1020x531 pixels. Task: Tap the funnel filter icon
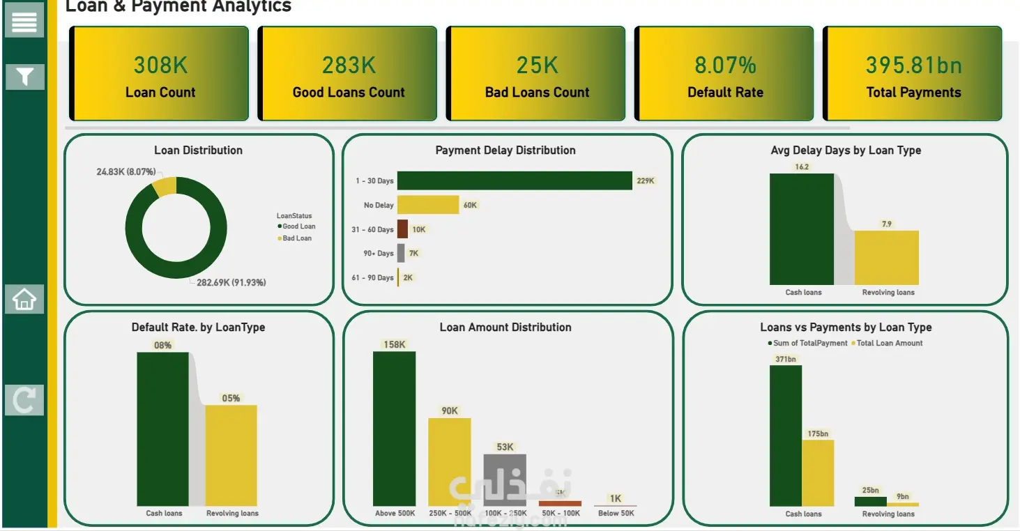coord(25,76)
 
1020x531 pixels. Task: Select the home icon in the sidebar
coord(24,299)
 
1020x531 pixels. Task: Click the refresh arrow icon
coord(24,400)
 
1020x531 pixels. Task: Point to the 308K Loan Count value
coord(160,66)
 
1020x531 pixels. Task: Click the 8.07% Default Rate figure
coord(725,66)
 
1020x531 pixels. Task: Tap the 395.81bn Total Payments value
coord(913,66)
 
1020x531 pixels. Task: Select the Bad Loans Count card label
coord(537,93)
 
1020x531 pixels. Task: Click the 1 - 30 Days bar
coord(514,180)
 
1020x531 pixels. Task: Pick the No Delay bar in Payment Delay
coord(427,205)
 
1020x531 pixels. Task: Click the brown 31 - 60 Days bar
coord(402,229)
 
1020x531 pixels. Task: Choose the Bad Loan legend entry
coord(296,238)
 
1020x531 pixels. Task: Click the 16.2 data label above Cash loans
coord(802,167)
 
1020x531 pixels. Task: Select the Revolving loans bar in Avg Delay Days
coord(886,257)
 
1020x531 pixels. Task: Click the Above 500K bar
coord(394,429)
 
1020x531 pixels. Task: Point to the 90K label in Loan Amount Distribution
coord(450,411)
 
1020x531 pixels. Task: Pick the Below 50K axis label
coord(616,514)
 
